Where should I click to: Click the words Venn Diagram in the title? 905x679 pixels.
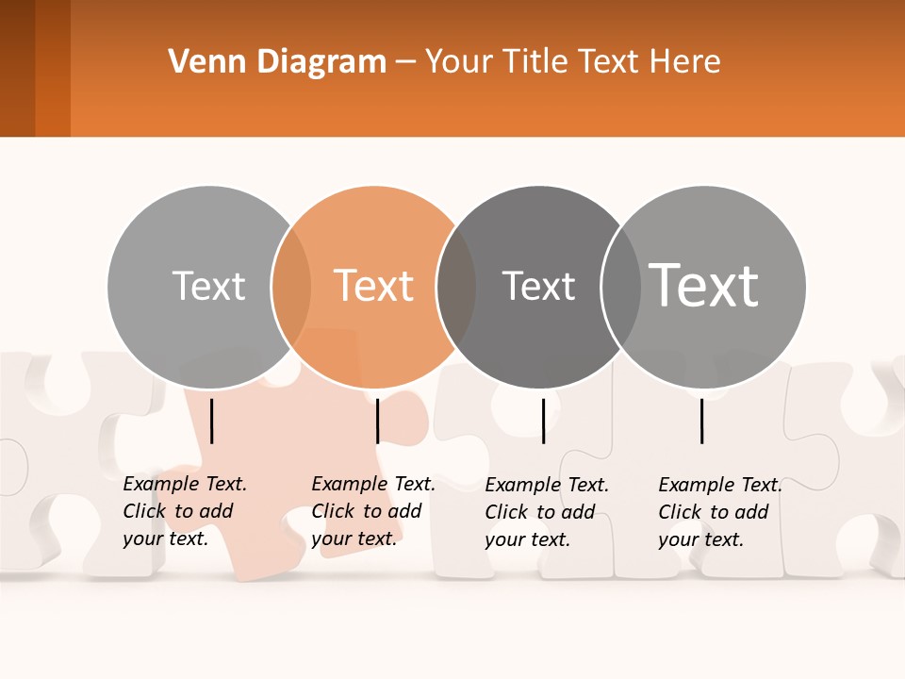tap(277, 62)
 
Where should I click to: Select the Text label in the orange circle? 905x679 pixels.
tap(374, 286)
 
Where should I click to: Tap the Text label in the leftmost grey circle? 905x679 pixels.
tap(208, 286)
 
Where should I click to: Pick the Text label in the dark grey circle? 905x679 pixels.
tap(538, 286)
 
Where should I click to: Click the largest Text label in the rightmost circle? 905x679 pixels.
tap(704, 285)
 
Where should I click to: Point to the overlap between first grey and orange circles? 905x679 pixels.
tap(291, 287)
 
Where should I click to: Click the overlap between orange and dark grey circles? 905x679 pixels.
tap(456, 287)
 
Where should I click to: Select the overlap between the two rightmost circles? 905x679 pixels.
tap(620, 287)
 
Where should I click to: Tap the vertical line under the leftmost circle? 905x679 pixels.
tap(212, 421)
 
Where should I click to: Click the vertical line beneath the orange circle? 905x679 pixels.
tap(377, 421)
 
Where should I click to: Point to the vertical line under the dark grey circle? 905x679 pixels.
tap(543, 421)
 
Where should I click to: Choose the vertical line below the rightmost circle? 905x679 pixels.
tap(702, 421)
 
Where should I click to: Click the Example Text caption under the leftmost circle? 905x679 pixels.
tap(185, 511)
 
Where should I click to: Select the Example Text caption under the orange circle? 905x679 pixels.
tap(373, 511)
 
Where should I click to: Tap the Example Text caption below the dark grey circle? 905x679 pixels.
tap(547, 512)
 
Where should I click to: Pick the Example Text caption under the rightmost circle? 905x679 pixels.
tap(720, 512)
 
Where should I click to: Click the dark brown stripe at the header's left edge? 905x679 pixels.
tap(17, 68)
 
